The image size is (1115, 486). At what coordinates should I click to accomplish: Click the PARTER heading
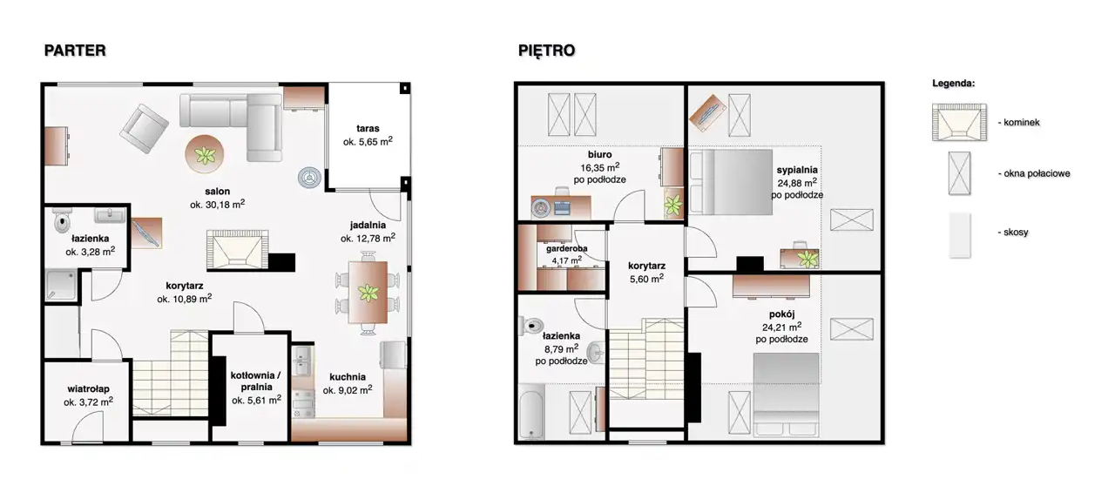pyautogui.click(x=75, y=51)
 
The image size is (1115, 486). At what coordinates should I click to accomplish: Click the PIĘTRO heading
pyautogui.click(x=546, y=51)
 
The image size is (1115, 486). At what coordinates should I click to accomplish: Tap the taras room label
pyautogui.click(x=368, y=129)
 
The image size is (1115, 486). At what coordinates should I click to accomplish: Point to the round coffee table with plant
pyautogui.click(x=205, y=154)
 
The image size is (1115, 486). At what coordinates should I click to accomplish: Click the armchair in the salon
pyautogui.click(x=145, y=129)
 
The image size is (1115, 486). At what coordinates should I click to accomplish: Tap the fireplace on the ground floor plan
pyautogui.click(x=238, y=250)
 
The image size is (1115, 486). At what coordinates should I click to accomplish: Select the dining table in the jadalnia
pyautogui.click(x=368, y=293)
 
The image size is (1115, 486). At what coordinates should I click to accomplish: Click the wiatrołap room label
pyautogui.click(x=89, y=389)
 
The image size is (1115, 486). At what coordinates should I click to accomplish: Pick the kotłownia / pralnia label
pyautogui.click(x=256, y=381)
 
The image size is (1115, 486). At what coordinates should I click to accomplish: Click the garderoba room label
pyautogui.click(x=566, y=248)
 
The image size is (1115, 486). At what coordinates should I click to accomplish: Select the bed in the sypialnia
pyautogui.click(x=731, y=182)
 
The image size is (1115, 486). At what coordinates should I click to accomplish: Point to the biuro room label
pyautogui.click(x=599, y=154)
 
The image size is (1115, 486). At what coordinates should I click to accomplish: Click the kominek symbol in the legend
pyautogui.click(x=959, y=122)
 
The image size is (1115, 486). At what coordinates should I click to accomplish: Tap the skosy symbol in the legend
pyautogui.click(x=959, y=235)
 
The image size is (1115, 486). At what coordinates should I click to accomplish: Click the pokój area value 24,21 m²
pyautogui.click(x=781, y=327)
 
